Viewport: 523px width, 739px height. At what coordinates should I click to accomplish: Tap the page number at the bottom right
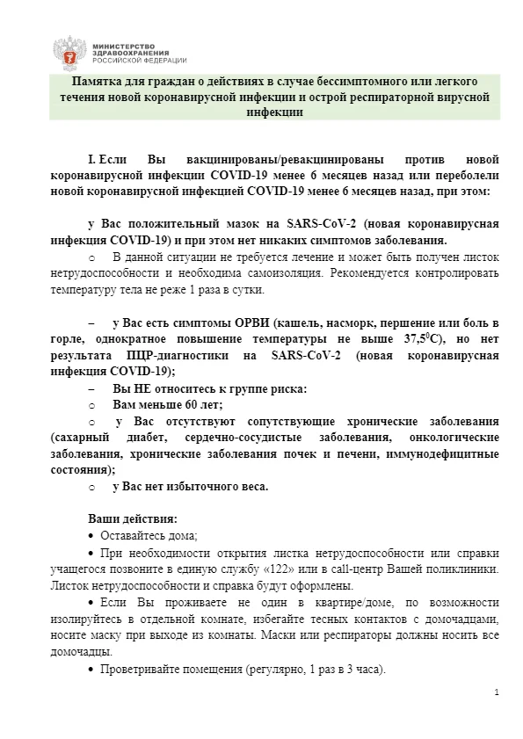click(497, 693)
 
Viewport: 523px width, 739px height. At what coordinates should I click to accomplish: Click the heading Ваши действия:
click(133, 518)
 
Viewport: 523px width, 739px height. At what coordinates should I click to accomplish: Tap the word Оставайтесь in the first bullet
click(130, 535)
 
